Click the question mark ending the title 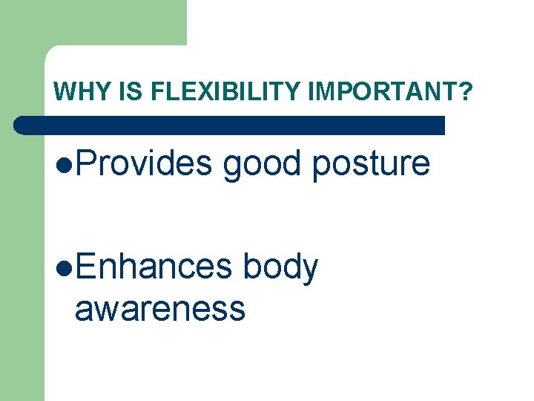[x=464, y=92]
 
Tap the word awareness [x=159, y=307]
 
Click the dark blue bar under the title [x=230, y=125]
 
